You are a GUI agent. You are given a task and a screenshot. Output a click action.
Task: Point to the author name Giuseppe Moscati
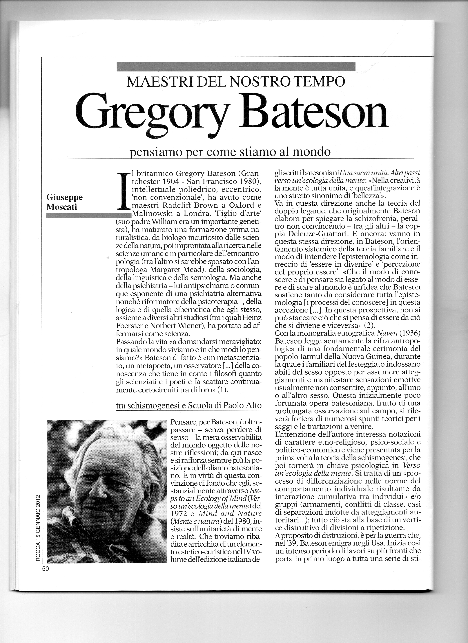point(65,202)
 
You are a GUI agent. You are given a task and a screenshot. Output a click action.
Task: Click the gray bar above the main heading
point(236,66)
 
